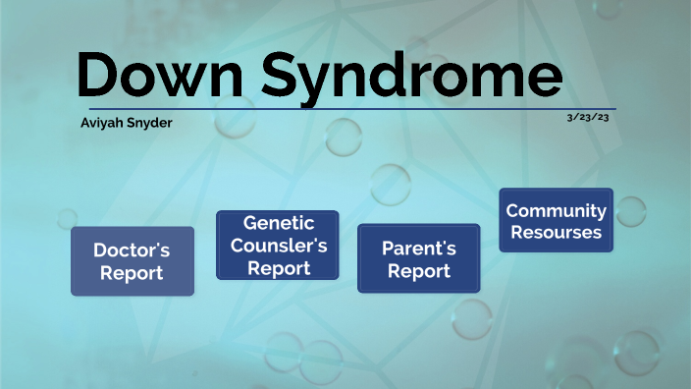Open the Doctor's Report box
pos(132,261)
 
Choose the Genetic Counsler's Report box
pos(278,246)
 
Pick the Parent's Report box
pos(418,259)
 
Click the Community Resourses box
pos(556,221)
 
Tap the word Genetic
pos(278,223)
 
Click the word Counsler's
pos(278,246)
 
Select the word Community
pos(556,210)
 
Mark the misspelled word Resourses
pos(556,233)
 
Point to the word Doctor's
pos(132,250)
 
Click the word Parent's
pos(418,248)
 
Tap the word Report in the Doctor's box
pos(132,273)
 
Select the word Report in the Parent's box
pos(418,271)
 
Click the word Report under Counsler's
pos(278,267)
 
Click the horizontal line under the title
pos(352,108)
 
